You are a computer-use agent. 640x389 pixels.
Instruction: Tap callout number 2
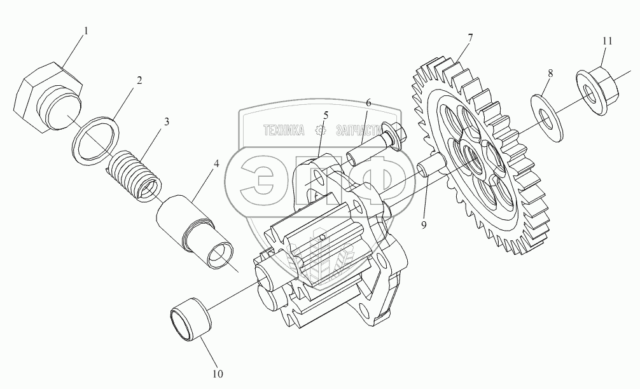coord(138,81)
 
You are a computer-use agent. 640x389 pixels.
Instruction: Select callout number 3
coord(166,121)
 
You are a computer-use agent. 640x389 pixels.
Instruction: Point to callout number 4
coord(216,163)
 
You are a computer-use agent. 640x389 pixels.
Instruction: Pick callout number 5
coord(325,115)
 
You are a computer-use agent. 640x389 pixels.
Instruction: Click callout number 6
coord(368,102)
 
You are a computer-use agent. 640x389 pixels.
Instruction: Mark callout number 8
coord(550,73)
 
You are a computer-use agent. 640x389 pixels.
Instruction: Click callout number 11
coord(607,41)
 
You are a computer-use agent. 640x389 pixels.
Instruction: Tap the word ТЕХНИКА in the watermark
coord(284,130)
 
